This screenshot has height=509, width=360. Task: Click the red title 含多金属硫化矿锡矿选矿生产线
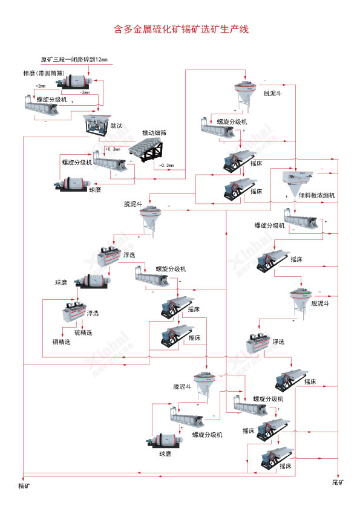181,29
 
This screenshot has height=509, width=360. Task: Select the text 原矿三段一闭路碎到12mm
74,59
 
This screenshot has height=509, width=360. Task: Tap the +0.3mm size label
113,149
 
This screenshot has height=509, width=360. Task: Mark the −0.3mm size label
167,165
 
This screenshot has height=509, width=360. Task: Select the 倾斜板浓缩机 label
316,195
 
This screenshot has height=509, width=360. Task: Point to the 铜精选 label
61,342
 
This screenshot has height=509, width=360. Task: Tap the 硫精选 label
84,332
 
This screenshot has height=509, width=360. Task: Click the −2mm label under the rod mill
84,92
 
